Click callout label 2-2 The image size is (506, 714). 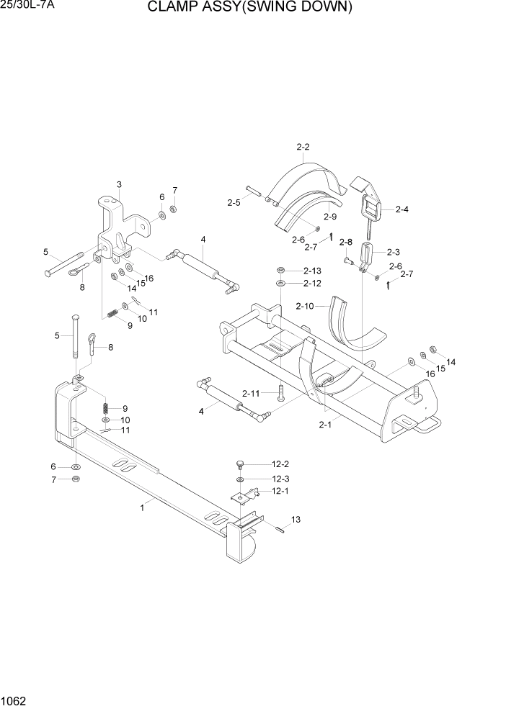pos(303,148)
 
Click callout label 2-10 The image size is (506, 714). pos(305,307)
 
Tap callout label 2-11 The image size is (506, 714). pos(251,393)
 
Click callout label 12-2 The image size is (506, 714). pos(280,465)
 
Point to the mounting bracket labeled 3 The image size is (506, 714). pos(115,230)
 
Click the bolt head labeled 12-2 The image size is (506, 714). pos(241,462)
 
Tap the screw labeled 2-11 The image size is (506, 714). pos(281,394)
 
